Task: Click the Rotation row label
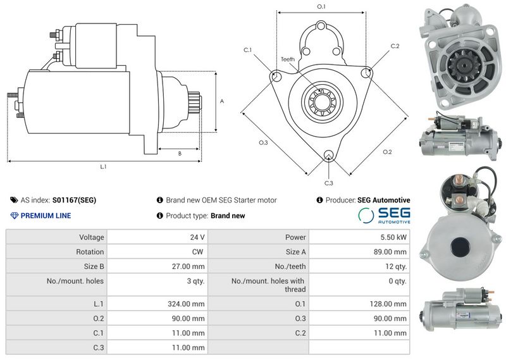click(90, 252)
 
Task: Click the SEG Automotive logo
click(384, 215)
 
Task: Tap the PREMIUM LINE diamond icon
click(14, 216)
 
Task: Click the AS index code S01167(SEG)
click(74, 200)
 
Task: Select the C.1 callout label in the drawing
click(247, 50)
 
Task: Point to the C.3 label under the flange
click(328, 183)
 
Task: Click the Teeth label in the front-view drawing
click(288, 59)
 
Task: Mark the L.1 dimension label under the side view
click(103, 166)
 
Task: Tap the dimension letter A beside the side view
click(222, 101)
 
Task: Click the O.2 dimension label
click(387, 152)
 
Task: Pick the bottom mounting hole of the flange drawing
click(329, 154)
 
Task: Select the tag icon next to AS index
click(14, 200)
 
